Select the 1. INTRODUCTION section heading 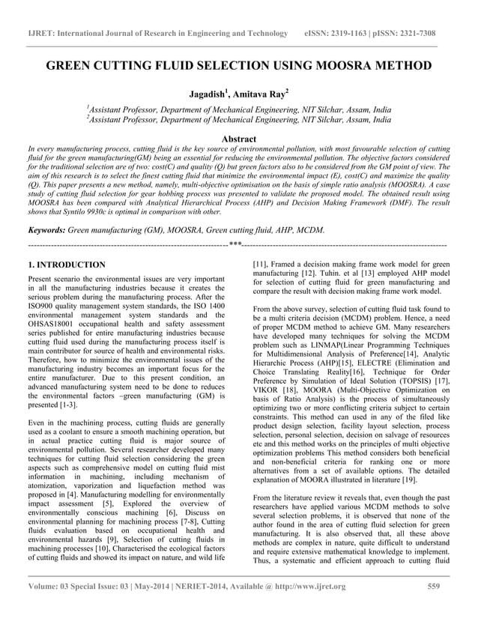66,265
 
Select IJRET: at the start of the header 42,34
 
